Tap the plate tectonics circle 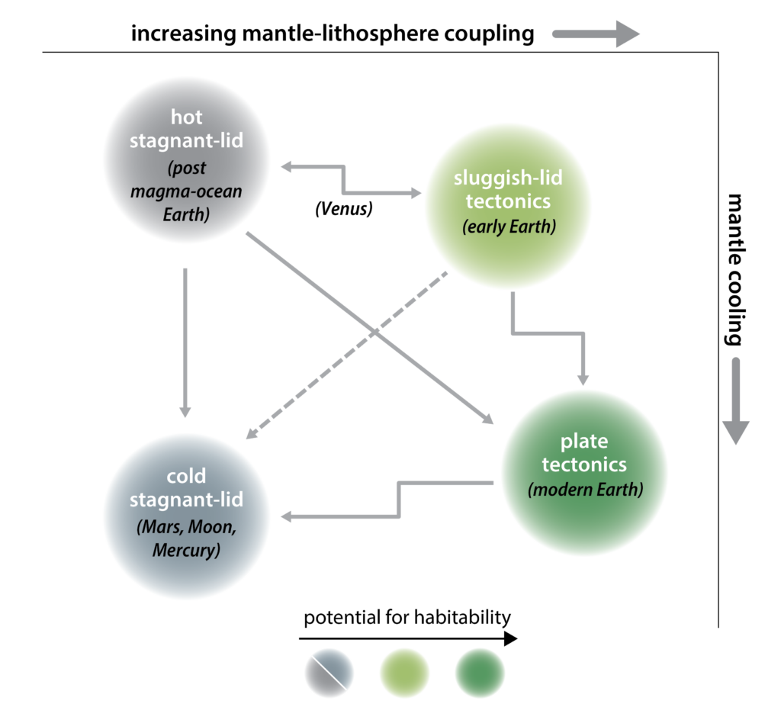583,467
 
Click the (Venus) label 344,209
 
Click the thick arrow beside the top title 595,34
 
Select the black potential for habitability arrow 408,638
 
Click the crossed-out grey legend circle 329,672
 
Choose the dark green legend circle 480,672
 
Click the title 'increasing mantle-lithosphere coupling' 333,34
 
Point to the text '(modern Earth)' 583,489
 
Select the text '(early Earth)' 507,227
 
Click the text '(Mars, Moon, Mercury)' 187,538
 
